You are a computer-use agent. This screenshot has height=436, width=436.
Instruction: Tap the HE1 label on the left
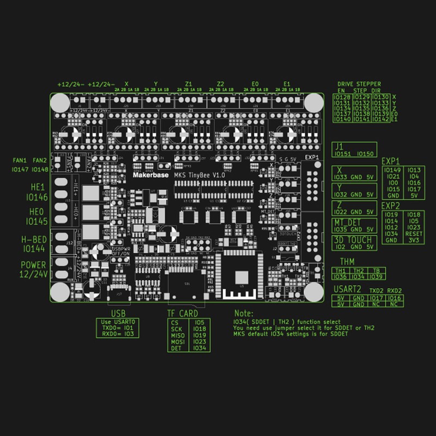(38, 186)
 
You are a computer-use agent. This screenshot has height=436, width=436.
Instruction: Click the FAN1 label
(20, 161)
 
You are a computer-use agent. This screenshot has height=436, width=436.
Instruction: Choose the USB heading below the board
(118, 313)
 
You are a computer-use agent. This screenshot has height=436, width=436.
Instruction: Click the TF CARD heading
(182, 313)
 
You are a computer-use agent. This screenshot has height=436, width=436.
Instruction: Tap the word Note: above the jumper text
(244, 314)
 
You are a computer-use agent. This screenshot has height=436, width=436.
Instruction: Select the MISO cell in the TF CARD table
(178, 335)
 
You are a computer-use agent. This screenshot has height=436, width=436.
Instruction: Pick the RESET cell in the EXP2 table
(413, 233)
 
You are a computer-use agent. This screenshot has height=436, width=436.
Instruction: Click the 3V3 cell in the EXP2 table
(413, 240)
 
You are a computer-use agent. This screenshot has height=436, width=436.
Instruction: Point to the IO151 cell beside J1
(344, 154)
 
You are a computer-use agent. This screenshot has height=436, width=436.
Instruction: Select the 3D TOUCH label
(353, 240)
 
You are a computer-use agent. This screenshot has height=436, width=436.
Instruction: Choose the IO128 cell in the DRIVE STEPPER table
(342, 97)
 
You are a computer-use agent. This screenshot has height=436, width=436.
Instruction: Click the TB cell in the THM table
(376, 270)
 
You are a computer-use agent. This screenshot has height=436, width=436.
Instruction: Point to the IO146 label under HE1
(37, 197)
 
